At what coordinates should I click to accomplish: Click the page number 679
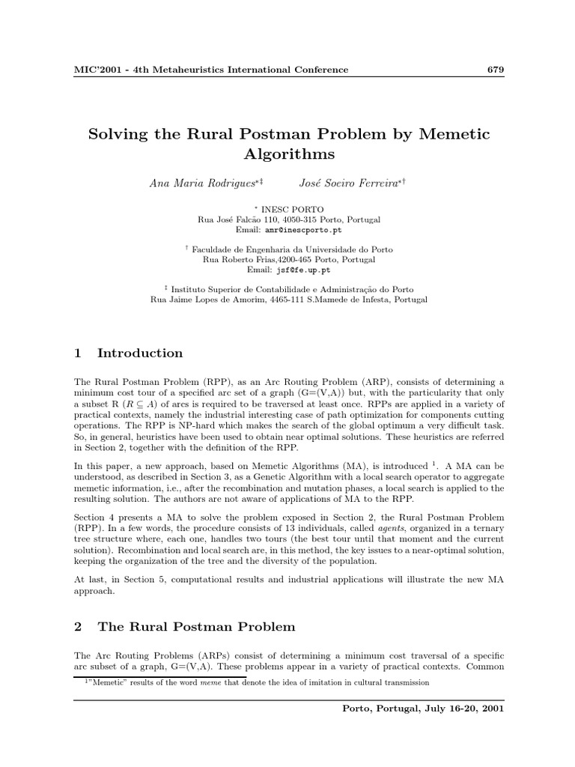(496, 70)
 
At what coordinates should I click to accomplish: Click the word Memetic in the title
(452, 134)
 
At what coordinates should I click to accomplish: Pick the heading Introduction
(140, 353)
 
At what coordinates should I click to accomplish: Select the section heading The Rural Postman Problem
(196, 626)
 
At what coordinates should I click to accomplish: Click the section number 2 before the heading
(78, 626)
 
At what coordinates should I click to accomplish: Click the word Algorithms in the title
(289, 155)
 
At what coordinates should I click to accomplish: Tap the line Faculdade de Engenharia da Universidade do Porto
(292, 249)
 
